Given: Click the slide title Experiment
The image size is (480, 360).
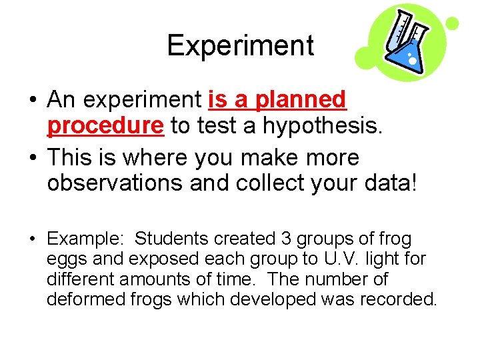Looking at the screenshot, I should click(x=240, y=45).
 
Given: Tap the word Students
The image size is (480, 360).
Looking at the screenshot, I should click(x=170, y=239).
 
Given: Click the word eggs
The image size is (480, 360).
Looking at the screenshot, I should click(x=65, y=259).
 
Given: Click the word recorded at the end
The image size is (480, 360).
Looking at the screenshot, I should click(x=397, y=299).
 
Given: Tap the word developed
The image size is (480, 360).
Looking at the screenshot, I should click(x=273, y=299).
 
